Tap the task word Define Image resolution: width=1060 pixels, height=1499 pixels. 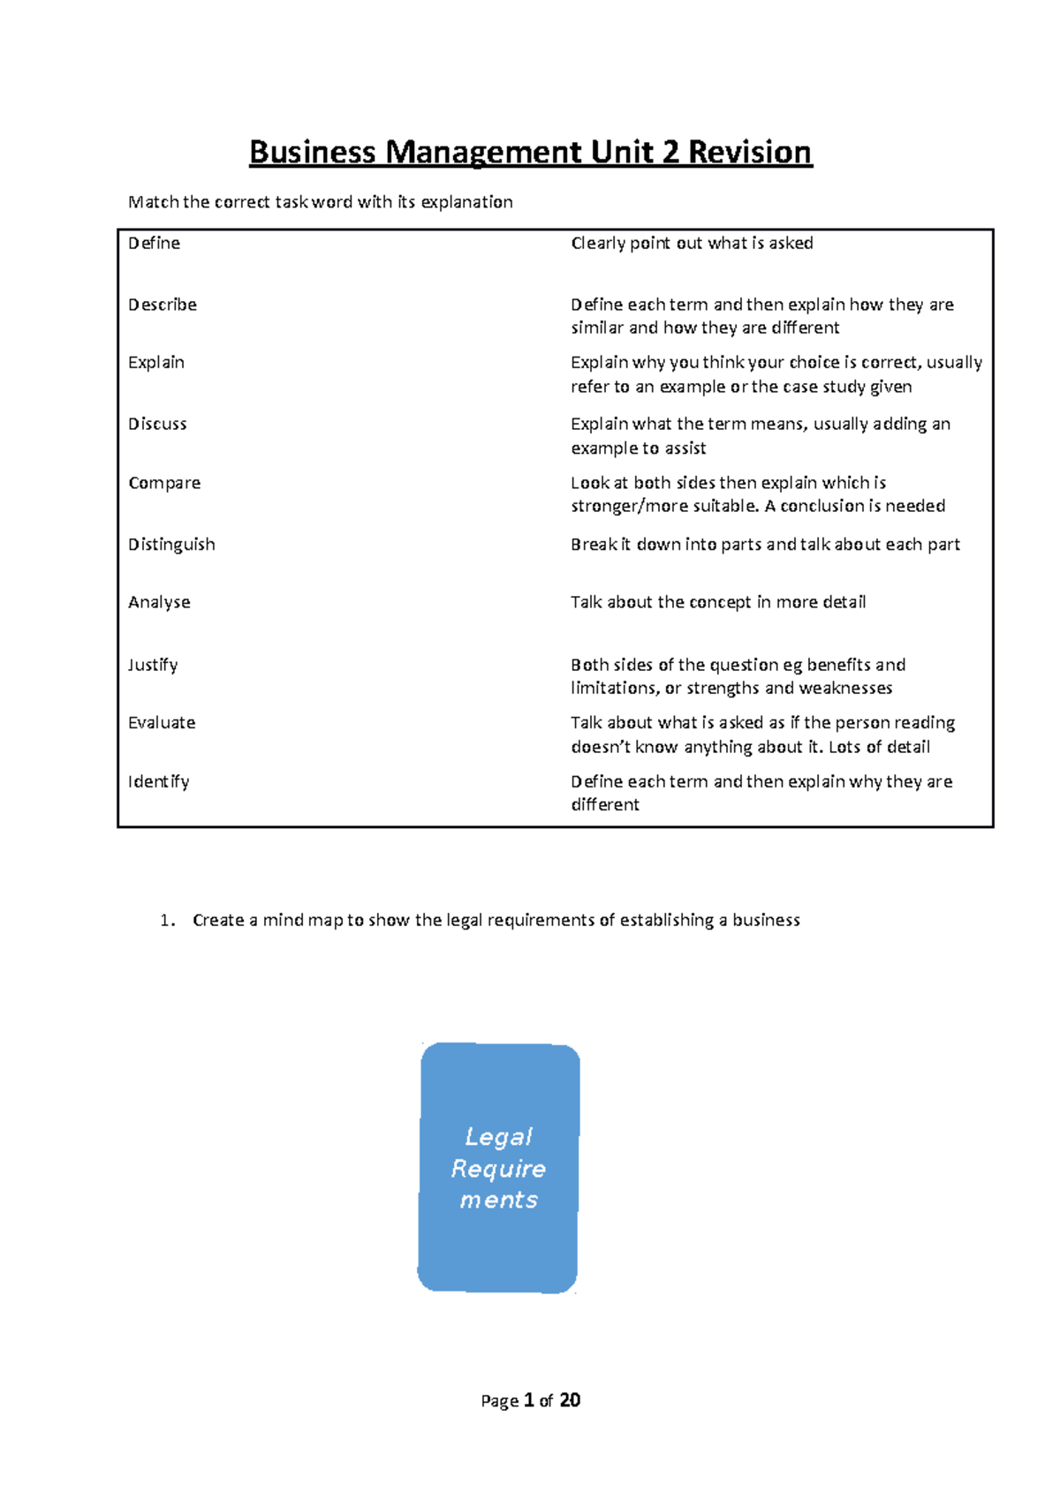154,244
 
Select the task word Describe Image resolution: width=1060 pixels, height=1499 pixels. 163,305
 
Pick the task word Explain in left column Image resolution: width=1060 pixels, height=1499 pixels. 156,363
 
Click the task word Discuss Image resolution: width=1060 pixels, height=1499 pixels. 157,425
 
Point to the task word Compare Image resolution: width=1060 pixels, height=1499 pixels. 164,484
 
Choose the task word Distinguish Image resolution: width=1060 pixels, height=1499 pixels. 171,545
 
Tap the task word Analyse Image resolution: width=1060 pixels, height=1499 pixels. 159,603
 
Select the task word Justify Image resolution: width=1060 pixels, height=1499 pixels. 153,665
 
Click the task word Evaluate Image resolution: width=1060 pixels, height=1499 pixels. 162,723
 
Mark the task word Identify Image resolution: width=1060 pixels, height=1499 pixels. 158,782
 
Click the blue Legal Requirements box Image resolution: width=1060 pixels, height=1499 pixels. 498,1168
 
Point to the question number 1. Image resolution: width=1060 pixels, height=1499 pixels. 166,921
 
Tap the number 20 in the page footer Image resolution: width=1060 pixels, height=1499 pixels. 570,1400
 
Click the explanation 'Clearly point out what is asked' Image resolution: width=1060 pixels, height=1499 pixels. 692,244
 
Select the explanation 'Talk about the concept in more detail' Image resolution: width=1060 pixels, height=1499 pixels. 717,603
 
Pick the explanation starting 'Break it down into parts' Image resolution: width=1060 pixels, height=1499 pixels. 765,545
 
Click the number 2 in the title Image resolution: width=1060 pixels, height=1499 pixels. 671,153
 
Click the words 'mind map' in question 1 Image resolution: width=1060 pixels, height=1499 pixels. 302,921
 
